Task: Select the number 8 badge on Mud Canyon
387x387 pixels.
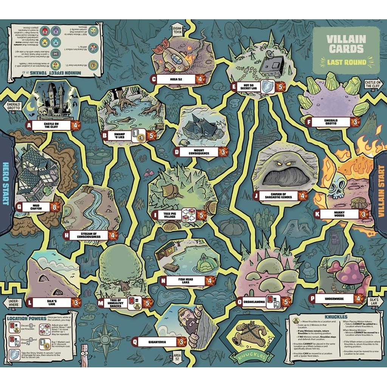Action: (55, 207)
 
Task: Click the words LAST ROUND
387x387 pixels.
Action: (347, 62)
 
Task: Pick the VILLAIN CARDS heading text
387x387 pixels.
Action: (346, 44)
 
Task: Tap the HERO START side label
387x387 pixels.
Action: (5, 183)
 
